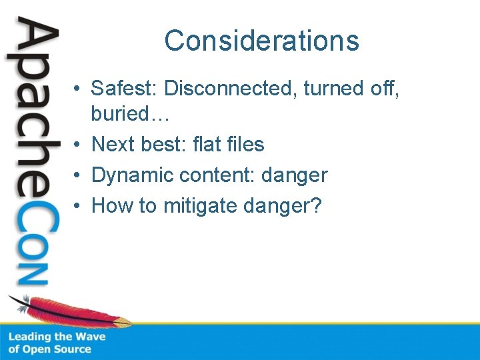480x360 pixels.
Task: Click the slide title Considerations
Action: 261,41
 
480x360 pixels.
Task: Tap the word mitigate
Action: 200,206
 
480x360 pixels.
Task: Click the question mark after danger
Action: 315,206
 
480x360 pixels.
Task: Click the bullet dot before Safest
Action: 78,89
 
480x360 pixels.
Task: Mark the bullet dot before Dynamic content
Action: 78,176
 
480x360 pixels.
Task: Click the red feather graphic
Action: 73,311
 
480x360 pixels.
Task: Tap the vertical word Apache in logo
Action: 32,107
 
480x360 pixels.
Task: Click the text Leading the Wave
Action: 57,337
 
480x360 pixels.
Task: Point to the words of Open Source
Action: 49,349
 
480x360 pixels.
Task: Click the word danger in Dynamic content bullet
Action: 294,175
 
